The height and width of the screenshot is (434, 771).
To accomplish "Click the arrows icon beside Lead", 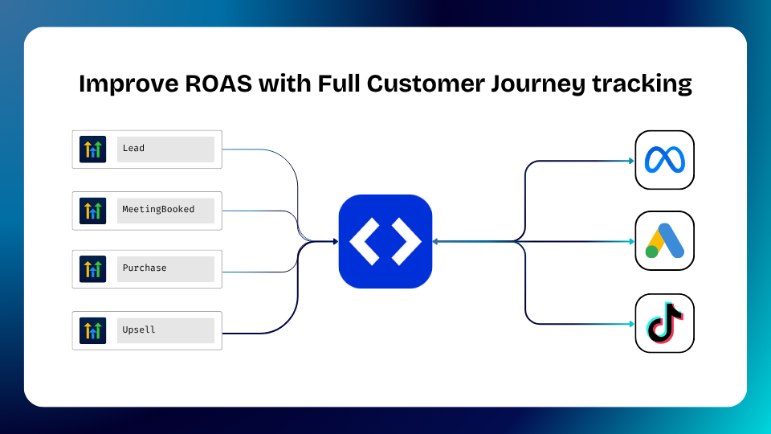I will tap(92, 149).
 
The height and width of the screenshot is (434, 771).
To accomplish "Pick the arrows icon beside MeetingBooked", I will tap(92, 211).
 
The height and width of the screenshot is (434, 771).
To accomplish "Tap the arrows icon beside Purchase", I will tap(92, 269).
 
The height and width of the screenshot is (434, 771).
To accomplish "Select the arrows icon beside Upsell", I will tap(92, 330).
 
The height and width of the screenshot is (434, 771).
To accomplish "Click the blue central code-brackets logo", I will tap(385, 241).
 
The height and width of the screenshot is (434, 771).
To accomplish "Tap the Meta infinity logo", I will tap(664, 160).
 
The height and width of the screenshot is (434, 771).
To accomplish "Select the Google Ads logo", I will tap(664, 241).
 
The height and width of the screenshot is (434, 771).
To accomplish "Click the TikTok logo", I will tap(664, 323).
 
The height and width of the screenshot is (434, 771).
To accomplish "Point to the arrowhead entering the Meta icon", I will tap(631, 161).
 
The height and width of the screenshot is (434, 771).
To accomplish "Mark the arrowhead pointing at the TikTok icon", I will tap(631, 324).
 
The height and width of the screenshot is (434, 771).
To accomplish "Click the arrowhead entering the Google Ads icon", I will tap(631, 241).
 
